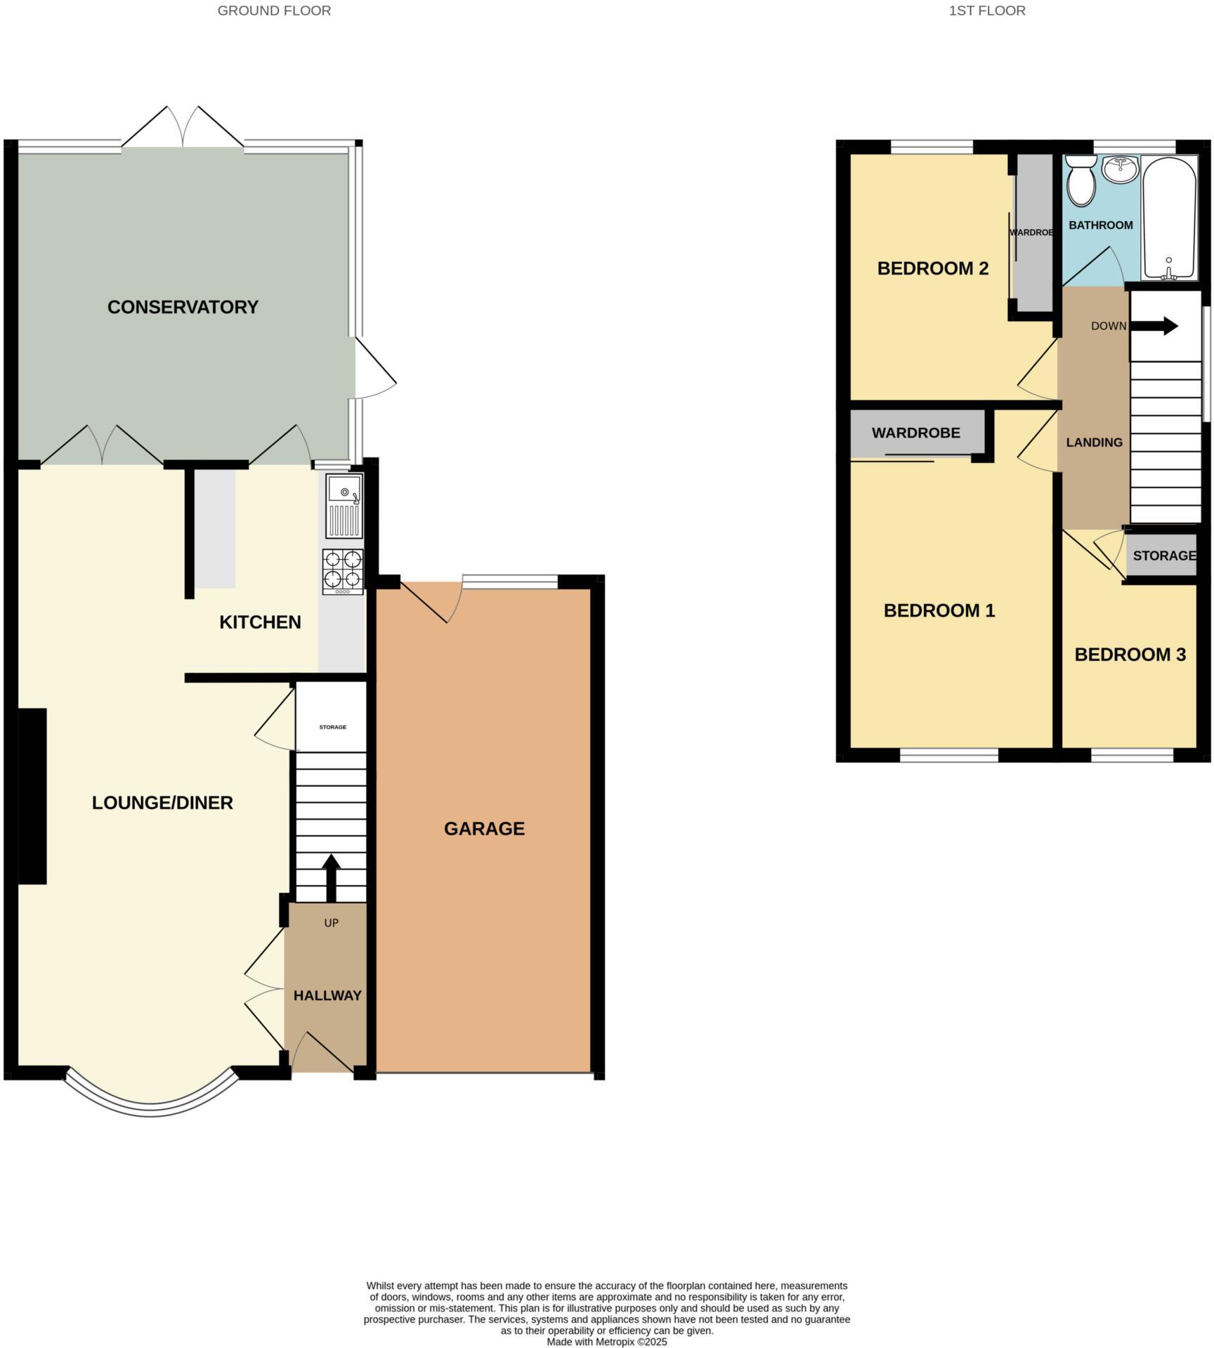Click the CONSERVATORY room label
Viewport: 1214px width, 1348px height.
[x=183, y=307]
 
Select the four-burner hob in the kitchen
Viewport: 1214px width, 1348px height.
[x=343, y=570]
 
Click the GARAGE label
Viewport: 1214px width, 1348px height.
[x=484, y=829]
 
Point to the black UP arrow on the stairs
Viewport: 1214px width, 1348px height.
[x=331, y=877]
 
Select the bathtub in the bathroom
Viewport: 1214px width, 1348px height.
[x=1169, y=218]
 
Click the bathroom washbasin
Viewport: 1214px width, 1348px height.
[x=1121, y=169]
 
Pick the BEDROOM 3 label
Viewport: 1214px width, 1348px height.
[x=1130, y=655]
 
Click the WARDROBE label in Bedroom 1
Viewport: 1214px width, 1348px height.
[x=915, y=433]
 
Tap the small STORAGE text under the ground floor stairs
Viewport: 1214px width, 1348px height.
[x=332, y=727]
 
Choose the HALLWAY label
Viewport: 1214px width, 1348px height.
[x=327, y=995]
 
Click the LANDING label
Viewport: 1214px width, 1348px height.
[x=1094, y=443]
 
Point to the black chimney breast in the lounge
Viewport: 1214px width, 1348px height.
[x=32, y=796]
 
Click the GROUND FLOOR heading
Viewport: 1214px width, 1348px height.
[x=274, y=11]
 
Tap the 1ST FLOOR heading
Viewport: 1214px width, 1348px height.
[x=986, y=11]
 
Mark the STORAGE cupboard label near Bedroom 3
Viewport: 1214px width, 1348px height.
[x=1163, y=556]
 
